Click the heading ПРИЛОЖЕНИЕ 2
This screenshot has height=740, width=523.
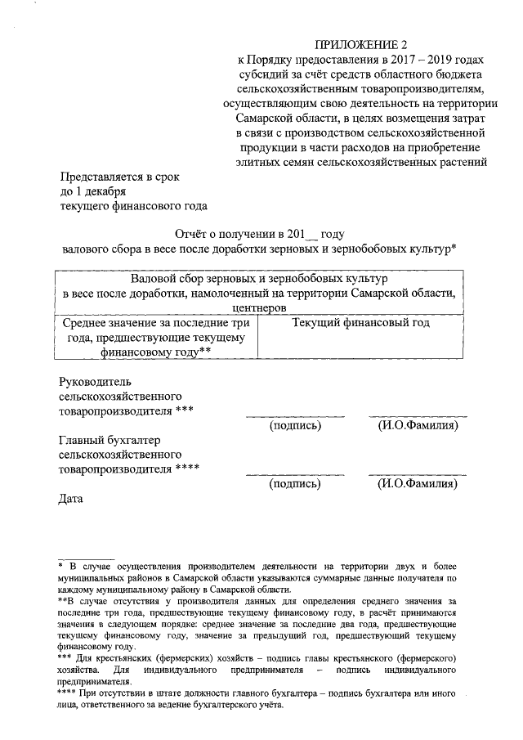(x=360, y=44)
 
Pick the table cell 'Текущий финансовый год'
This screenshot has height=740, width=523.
(x=360, y=323)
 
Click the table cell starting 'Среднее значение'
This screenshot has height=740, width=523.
(x=156, y=337)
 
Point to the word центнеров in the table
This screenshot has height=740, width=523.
(x=258, y=308)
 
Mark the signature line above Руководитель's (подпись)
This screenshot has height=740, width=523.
(x=295, y=416)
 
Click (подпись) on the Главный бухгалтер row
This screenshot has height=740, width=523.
(x=295, y=484)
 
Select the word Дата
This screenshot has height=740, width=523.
(x=73, y=498)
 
